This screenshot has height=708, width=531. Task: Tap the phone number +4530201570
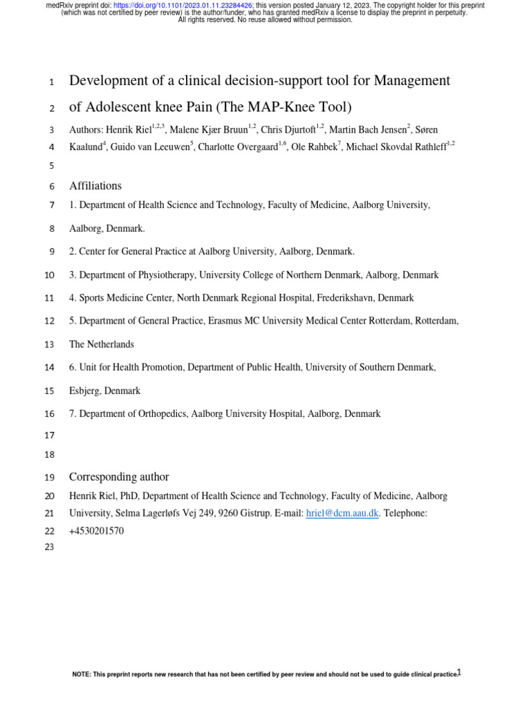(x=97, y=532)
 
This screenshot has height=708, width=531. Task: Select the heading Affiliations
(x=95, y=186)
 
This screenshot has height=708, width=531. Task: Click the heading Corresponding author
(x=119, y=477)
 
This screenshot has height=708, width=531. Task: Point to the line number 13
(x=49, y=344)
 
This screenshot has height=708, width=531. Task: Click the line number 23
(x=49, y=547)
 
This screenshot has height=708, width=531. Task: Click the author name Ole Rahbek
(x=314, y=147)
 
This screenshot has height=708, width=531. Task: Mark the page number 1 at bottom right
(x=458, y=673)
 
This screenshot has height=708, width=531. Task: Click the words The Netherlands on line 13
(x=102, y=344)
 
